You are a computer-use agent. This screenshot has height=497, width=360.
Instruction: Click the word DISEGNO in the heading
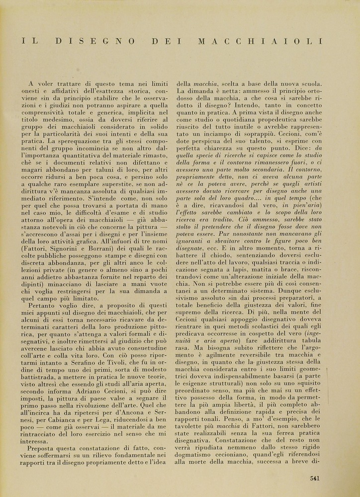[x=104, y=42]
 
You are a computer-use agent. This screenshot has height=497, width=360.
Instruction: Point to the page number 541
[x=314, y=478]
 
